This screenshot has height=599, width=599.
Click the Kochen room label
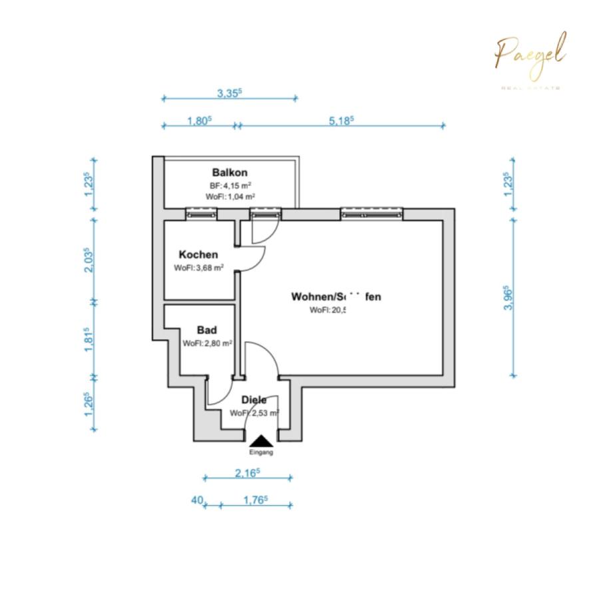click(198, 255)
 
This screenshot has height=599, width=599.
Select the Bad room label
click(207, 330)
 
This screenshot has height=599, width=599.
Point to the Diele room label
click(254, 400)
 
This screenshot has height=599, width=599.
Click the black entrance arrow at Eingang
click(261, 441)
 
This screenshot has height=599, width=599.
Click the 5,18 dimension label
click(341, 120)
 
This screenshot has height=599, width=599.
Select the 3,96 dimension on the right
click(510, 299)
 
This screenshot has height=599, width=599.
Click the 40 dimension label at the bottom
click(196, 500)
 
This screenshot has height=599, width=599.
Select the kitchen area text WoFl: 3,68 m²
click(198, 268)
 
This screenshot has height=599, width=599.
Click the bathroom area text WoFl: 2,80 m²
click(207, 343)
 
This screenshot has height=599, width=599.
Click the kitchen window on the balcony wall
click(201, 214)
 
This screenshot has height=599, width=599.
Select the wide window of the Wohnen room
click(371, 214)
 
